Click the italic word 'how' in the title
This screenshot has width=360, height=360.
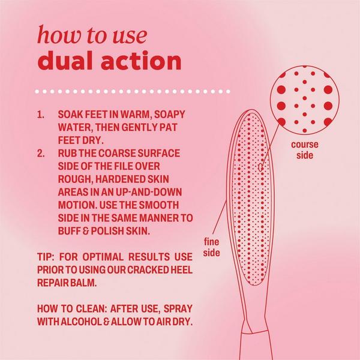coord(56,34)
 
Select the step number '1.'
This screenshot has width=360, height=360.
coord(41,114)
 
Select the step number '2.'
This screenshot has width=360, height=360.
coord(41,153)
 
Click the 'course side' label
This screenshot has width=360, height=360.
coord(304,150)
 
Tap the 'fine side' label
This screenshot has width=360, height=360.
coord(212,248)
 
